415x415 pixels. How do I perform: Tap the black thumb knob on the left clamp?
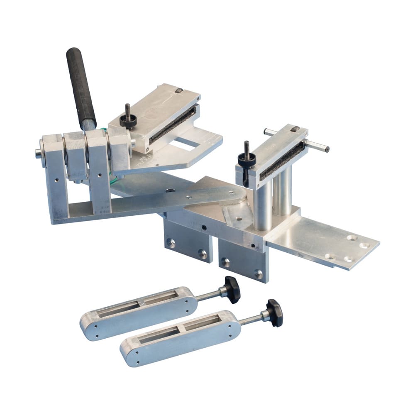pos(128,121)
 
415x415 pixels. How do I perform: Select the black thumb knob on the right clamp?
pos(247,159)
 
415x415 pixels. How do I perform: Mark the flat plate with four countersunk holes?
pos(328,245)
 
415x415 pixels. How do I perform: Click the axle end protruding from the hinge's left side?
pos(38,153)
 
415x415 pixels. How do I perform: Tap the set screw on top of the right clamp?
pos(294,129)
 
